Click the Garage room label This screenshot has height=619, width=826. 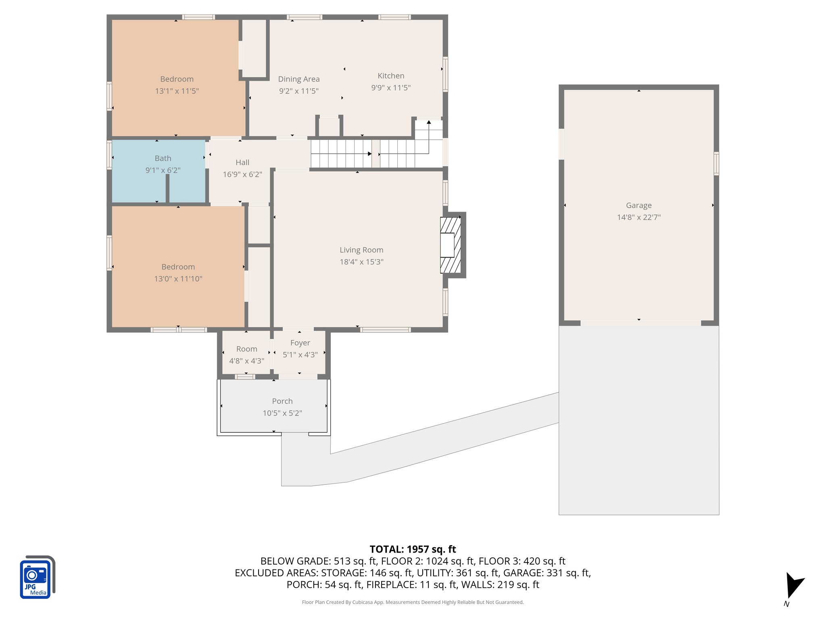click(x=638, y=206)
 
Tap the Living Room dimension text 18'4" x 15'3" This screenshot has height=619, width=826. click(x=361, y=262)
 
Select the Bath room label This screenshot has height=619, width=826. click(x=163, y=158)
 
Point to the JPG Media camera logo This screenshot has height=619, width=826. click(x=37, y=577)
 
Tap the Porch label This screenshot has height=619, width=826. click(x=282, y=401)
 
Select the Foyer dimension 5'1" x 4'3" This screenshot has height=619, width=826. click(x=300, y=355)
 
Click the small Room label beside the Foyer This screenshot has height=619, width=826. click(x=246, y=349)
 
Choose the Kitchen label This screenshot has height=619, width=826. click(x=391, y=76)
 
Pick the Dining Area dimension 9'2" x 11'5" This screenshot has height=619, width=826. click(x=299, y=91)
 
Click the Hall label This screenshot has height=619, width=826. click(x=242, y=162)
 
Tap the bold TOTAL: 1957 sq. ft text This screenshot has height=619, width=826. click(x=413, y=549)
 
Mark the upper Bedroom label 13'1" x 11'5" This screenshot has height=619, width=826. click(x=177, y=79)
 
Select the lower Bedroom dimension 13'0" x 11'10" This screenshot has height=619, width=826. click(x=178, y=279)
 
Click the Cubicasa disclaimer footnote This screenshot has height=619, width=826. click(x=413, y=602)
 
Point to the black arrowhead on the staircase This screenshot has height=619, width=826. click(x=369, y=154)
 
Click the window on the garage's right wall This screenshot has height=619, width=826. click(x=716, y=163)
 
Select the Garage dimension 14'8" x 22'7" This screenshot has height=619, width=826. click(x=638, y=218)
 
